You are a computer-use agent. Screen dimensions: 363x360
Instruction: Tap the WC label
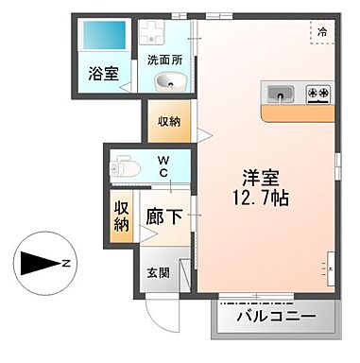pyautogui.click(x=163, y=166)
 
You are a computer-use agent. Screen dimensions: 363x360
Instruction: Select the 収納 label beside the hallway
pyautogui.click(x=122, y=216)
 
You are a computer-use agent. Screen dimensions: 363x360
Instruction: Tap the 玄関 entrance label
pyautogui.click(x=158, y=273)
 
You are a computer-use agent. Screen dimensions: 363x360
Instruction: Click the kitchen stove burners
pyautogui.click(x=318, y=93)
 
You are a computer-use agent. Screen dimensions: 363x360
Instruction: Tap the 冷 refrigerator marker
pyautogui.click(x=322, y=32)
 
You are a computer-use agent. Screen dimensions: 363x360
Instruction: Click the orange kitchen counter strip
pyautogui.click(x=299, y=113)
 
